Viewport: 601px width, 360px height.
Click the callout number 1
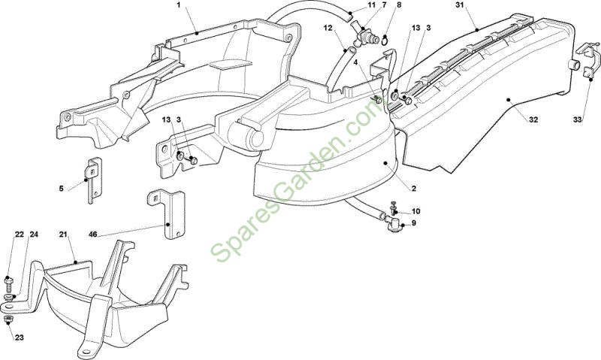click(178, 5)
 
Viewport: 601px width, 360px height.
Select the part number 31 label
click(460, 5)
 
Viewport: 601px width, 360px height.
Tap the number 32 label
click(533, 119)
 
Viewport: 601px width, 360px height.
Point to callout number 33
click(578, 119)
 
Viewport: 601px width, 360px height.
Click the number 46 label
click(92, 234)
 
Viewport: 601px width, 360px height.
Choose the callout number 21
click(64, 234)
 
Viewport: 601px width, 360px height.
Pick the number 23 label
click(20, 337)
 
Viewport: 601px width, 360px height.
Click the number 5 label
click(62, 189)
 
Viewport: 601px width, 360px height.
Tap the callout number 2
click(414, 189)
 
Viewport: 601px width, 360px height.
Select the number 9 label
click(414, 222)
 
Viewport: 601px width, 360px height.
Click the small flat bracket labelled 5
click(93, 180)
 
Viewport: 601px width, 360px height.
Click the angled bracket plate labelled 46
click(166, 213)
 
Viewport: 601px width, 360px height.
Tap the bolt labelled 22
click(8, 286)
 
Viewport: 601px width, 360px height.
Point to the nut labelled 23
click(8, 319)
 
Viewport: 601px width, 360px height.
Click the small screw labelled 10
click(392, 207)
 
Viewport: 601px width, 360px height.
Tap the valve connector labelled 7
click(364, 34)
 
